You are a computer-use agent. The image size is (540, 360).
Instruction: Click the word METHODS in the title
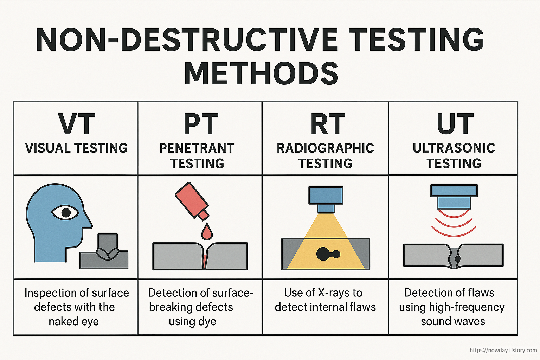(x=261, y=73)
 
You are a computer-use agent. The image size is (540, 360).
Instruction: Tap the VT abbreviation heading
(x=76, y=124)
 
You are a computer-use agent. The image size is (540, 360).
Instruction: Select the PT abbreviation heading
(x=201, y=124)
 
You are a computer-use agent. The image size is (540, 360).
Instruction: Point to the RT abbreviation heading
(x=327, y=124)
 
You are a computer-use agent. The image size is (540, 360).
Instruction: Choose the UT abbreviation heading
(x=455, y=124)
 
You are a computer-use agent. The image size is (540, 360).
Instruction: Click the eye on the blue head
(x=65, y=212)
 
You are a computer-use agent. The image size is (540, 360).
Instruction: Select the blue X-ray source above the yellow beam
(x=326, y=199)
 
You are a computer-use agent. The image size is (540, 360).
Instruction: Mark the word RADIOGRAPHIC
(x=325, y=148)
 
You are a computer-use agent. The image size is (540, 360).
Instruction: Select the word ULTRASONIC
(x=454, y=148)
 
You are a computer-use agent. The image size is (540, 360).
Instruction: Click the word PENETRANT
(x=197, y=148)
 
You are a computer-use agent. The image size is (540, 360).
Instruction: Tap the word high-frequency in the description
(x=467, y=307)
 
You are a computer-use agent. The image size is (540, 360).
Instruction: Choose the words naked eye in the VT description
(x=73, y=321)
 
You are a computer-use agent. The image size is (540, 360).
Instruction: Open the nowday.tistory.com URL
(x=503, y=350)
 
